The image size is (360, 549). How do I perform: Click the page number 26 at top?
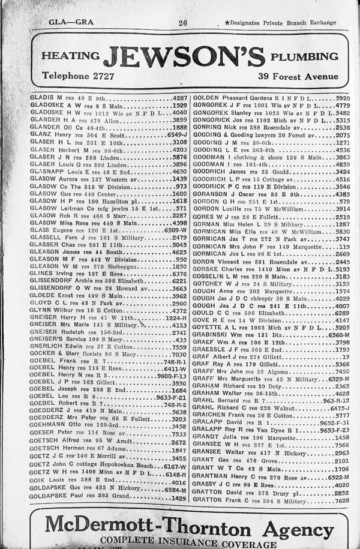coord(182,23)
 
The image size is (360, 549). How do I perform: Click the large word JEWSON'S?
coord(184,58)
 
